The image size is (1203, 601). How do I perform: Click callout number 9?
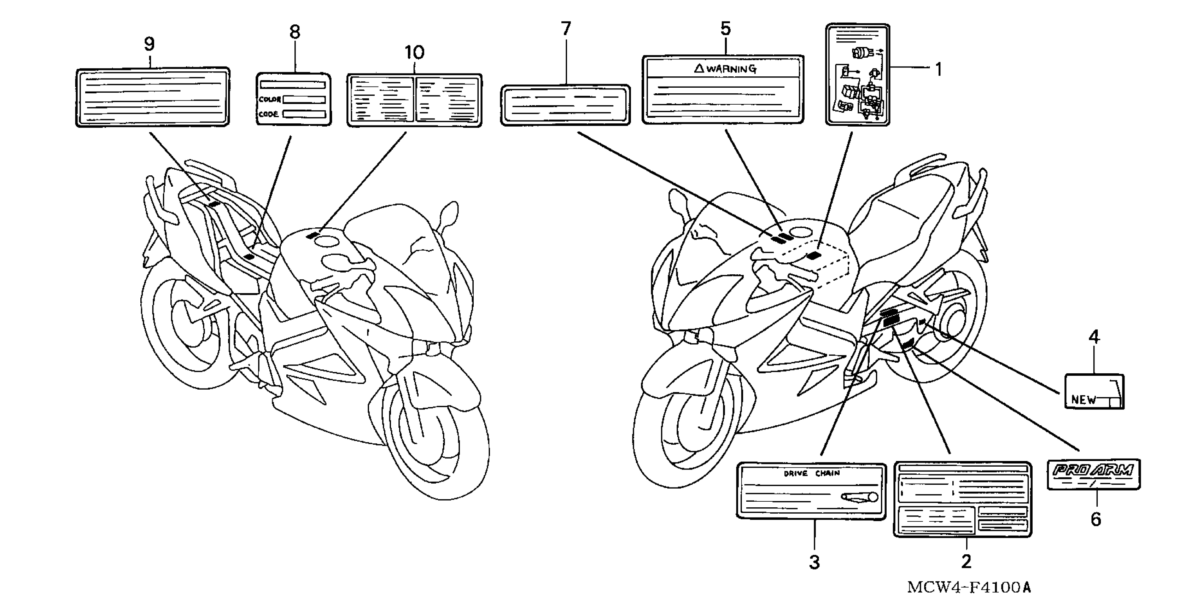coord(149,44)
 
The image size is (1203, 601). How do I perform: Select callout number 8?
coord(295,32)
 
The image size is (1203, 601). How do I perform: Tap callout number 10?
coord(414,52)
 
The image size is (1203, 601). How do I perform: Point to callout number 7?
coord(566,29)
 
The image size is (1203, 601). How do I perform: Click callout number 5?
coord(725,29)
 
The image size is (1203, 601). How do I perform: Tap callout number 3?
coord(814,562)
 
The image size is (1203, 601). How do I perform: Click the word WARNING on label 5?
coord(731,69)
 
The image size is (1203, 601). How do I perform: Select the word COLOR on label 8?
coord(269,99)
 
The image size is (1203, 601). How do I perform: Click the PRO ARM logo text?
coord(1093,470)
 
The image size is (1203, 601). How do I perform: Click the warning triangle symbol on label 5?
coord(699,69)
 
